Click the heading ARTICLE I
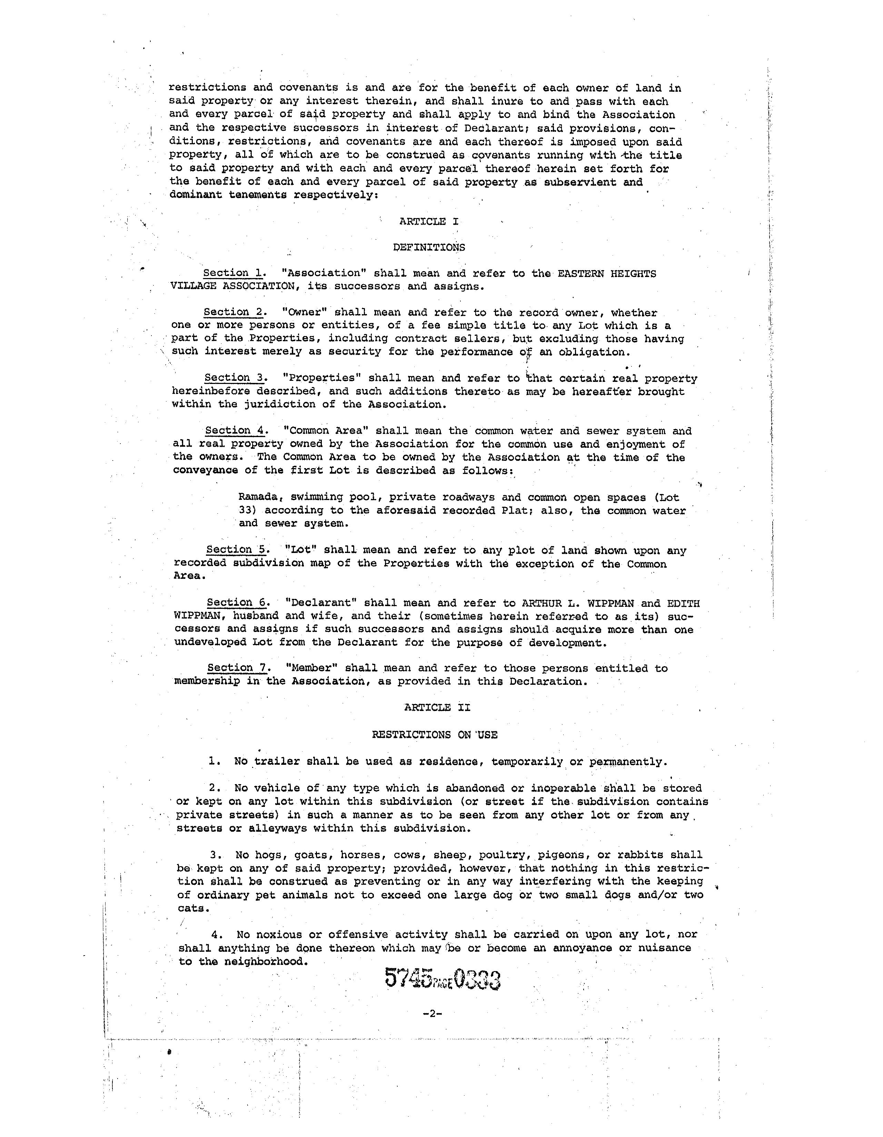pyautogui.click(x=429, y=221)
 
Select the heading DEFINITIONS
pyautogui.click(x=429, y=247)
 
